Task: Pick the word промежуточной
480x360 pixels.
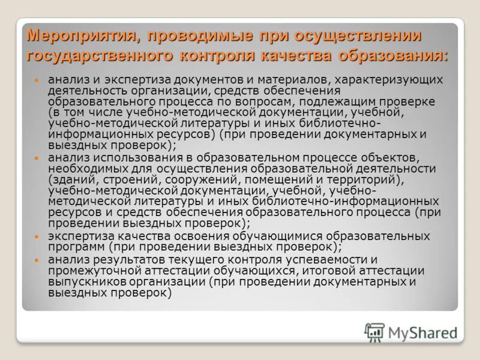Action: (x=91, y=270)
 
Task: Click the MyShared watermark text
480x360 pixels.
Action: (x=422, y=332)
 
